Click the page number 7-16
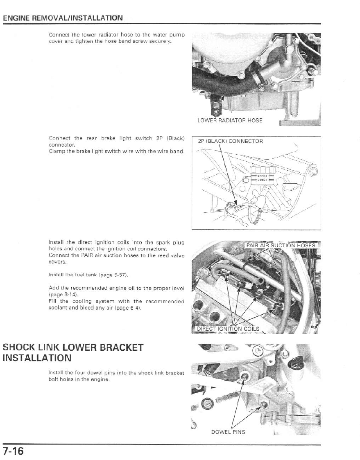(x=14, y=452)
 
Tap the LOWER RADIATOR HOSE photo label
(x=229, y=120)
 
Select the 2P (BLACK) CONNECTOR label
(x=230, y=142)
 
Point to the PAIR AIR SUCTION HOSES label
(x=281, y=246)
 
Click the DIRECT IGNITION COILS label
(x=228, y=329)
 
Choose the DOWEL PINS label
(x=228, y=432)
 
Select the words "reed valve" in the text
(x=172, y=255)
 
